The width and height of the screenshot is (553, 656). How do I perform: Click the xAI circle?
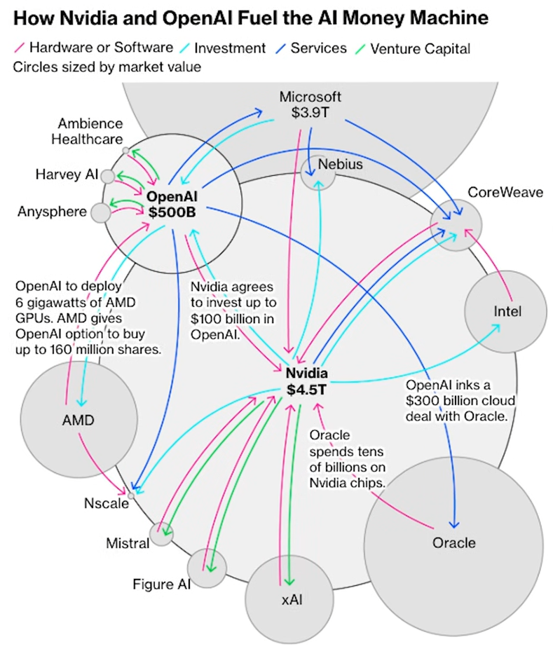click(279, 599)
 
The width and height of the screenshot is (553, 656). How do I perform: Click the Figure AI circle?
click(207, 568)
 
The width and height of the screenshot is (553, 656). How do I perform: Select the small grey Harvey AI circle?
click(108, 176)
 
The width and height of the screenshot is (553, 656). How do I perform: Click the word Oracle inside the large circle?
click(453, 542)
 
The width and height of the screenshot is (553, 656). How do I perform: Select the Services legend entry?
click(318, 48)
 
